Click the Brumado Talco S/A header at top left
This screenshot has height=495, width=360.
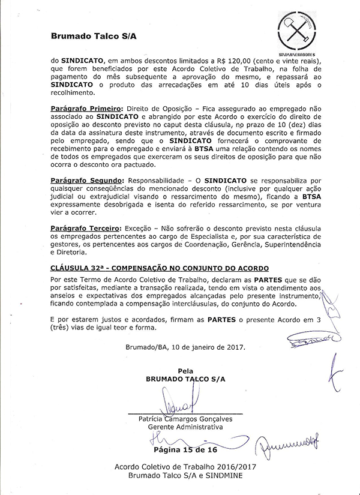click(94, 37)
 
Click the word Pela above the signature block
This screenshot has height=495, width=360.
click(184, 371)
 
